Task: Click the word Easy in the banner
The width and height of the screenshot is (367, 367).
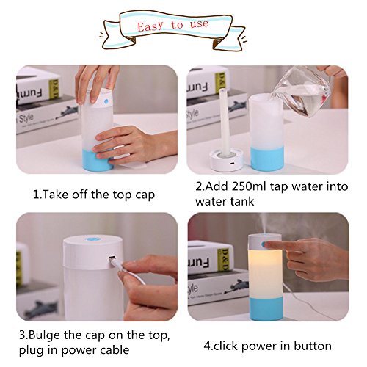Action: [150, 26]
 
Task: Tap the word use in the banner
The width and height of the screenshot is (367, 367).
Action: [199, 24]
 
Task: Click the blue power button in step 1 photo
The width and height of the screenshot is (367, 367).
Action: [106, 101]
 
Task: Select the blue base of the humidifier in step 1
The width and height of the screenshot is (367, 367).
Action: [98, 160]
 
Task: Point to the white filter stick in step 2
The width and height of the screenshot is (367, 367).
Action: [224, 123]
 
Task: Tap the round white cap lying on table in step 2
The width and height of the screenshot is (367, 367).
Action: [226, 160]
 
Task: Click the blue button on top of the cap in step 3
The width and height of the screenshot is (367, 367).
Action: [93, 239]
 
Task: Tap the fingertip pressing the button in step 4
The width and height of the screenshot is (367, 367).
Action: [267, 244]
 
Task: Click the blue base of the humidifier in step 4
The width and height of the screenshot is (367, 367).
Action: [266, 309]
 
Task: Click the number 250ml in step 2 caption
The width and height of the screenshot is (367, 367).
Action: [248, 186]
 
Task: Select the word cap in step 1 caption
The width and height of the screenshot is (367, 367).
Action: [145, 195]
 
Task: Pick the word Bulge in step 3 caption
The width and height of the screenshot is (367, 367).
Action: [44, 335]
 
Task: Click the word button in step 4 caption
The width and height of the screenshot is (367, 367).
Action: [313, 346]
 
